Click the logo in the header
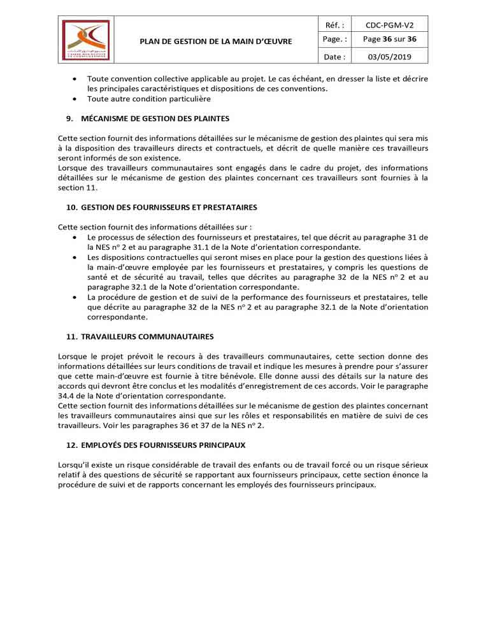85,40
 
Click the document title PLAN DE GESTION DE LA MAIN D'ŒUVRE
216,41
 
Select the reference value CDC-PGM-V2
389,25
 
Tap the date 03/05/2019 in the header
389,57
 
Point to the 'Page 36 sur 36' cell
389,40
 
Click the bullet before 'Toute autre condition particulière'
75,99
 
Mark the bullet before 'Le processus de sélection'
75,238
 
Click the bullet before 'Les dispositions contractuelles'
75,257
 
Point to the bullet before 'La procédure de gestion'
75,297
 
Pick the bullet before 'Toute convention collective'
75,78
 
